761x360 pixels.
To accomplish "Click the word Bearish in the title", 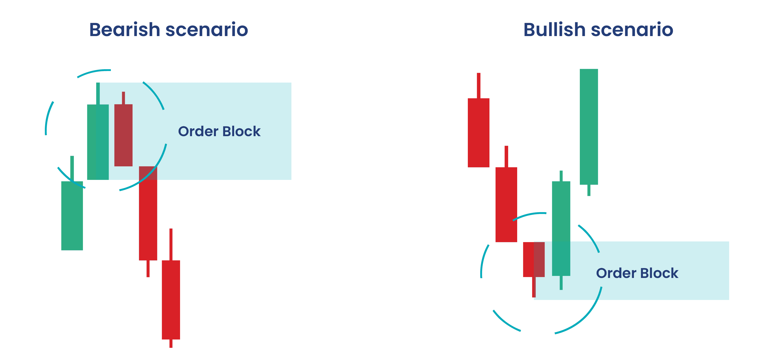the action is coord(125,30).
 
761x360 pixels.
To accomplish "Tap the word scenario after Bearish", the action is coord(207,30).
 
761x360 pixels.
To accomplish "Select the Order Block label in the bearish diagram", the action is coord(219,131).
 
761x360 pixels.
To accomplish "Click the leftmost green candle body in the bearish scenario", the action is coord(72,216).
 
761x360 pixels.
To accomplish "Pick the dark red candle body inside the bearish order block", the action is coord(123,135).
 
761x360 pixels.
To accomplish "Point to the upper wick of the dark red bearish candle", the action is coord(123,98).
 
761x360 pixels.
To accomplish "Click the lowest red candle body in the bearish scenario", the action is coord(171,300).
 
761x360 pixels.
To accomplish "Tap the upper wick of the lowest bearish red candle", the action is coord(171,244).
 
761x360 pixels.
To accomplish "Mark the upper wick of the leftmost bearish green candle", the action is coord(72,168).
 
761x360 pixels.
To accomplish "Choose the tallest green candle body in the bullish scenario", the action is coord(589,127).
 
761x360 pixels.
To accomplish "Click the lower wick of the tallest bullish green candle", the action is coord(589,190).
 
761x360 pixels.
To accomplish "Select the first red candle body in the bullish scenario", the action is coord(479,133).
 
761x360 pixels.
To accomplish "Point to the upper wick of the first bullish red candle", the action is coord(479,86).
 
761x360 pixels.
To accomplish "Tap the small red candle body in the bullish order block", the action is coord(534,259).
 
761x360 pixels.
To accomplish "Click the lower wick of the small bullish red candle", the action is coord(534,287).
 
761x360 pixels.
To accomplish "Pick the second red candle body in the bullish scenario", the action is coord(506,204).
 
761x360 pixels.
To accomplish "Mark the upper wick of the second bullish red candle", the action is coord(506,157).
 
